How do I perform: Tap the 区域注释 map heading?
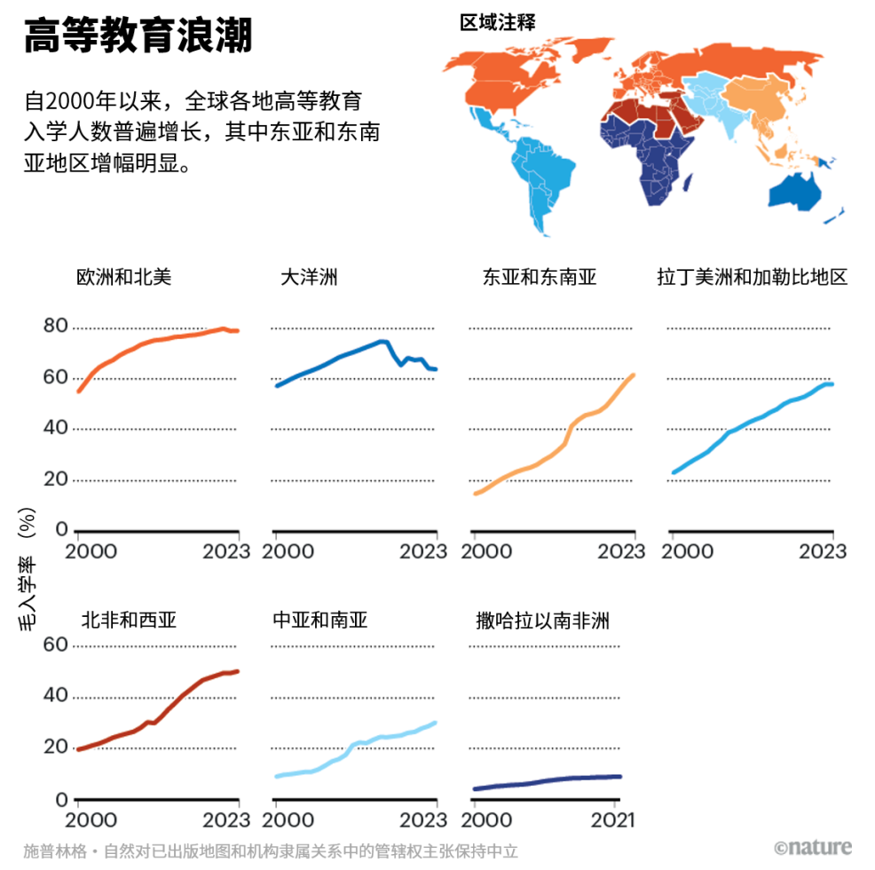pyautogui.click(x=497, y=22)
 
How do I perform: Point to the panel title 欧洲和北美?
pyautogui.click(x=124, y=277)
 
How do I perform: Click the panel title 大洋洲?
pyautogui.click(x=309, y=277)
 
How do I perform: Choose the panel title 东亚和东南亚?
pyautogui.click(x=540, y=277)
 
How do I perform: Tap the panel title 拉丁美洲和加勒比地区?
pyautogui.click(x=752, y=277)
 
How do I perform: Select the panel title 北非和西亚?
pyautogui.click(x=129, y=619)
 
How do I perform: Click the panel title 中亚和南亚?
pyautogui.click(x=319, y=619)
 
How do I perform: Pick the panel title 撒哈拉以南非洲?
pyautogui.click(x=542, y=619)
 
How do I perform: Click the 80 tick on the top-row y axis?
pyautogui.click(x=55, y=326)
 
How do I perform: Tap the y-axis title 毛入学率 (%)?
pyautogui.click(x=28, y=568)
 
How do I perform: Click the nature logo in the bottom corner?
pyautogui.click(x=812, y=848)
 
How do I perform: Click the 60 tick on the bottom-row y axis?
pyautogui.click(x=55, y=644)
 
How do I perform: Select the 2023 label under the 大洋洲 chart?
pyautogui.click(x=424, y=550)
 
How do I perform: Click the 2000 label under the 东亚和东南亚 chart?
pyautogui.click(x=487, y=550)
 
